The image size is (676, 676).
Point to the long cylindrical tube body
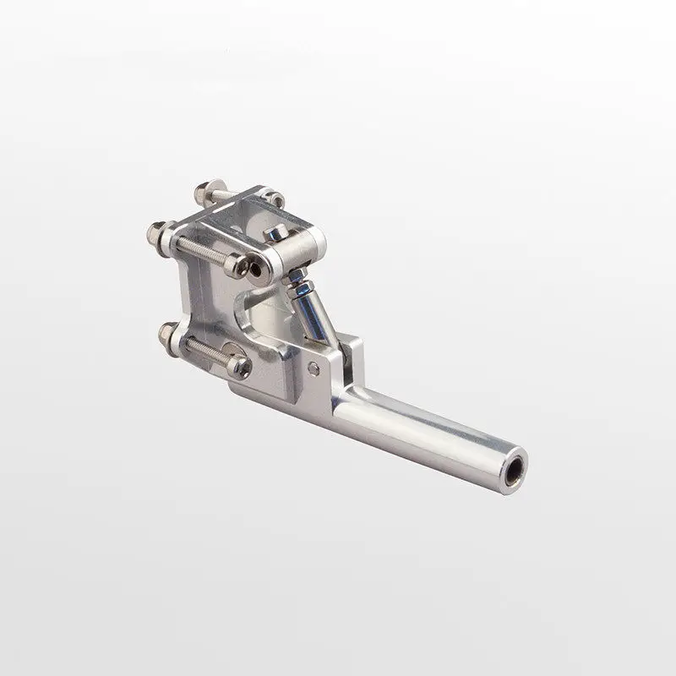click(x=422, y=431)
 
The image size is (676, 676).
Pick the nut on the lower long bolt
click(x=166, y=334)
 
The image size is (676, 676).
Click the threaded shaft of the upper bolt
click(x=203, y=251)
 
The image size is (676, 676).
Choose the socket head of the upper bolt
click(x=240, y=266)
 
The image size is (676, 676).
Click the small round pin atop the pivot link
click(x=275, y=232)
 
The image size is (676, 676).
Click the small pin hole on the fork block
click(x=313, y=368)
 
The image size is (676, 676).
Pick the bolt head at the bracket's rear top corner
click(x=274, y=199)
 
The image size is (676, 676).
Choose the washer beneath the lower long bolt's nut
click(x=176, y=339)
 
